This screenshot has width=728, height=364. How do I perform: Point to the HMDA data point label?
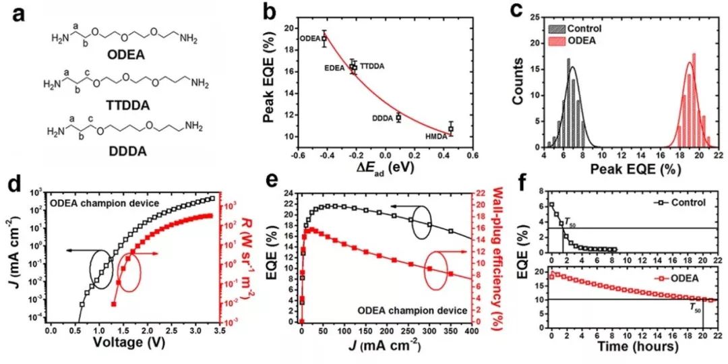click(x=435, y=137)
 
